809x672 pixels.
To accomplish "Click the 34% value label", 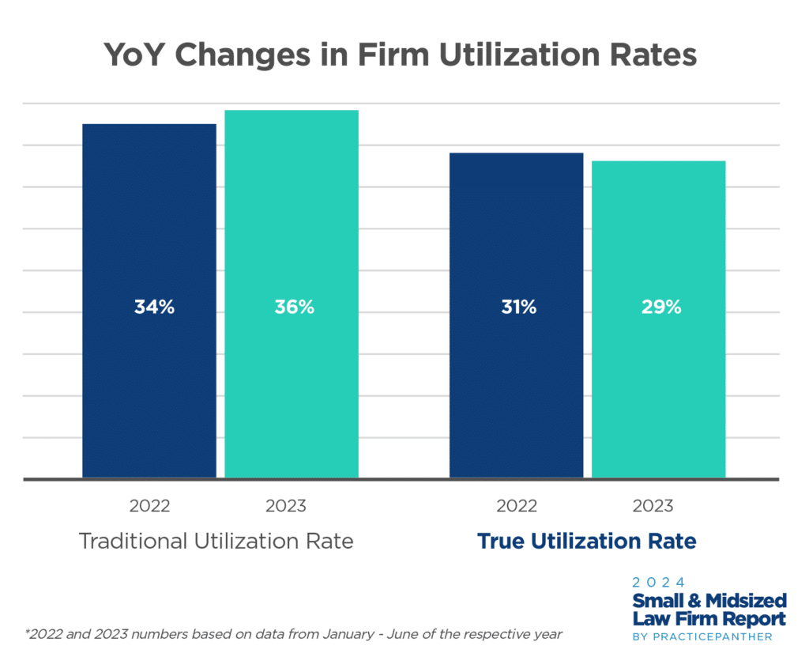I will pyautogui.click(x=154, y=308).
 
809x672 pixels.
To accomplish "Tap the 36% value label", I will pyautogui.click(x=294, y=308).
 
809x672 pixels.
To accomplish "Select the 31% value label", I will pyautogui.click(x=517, y=308).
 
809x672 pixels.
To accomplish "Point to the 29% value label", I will pyautogui.click(x=660, y=308).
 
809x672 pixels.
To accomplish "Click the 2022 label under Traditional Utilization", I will pyautogui.click(x=150, y=506).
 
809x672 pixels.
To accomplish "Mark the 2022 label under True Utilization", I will pyautogui.click(x=517, y=506).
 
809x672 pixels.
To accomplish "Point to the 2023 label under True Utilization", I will pyautogui.click(x=653, y=506).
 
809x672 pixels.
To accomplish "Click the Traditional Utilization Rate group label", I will pyautogui.click(x=216, y=542).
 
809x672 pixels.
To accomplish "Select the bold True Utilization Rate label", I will pyautogui.click(x=586, y=542).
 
